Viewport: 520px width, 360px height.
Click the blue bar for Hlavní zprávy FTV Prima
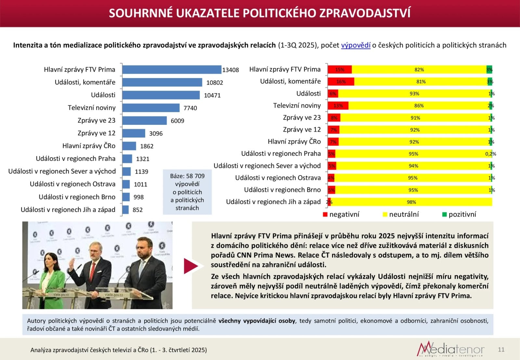[x=172, y=70]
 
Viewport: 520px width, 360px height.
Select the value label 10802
[x=214, y=83]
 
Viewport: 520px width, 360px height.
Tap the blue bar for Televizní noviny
[x=151, y=108]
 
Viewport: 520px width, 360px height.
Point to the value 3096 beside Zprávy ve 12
[x=156, y=133]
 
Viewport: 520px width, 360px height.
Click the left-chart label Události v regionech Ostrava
[x=72, y=184]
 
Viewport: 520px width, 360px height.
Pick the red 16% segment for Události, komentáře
[x=341, y=82]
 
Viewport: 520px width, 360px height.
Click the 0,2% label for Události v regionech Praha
[x=490, y=154]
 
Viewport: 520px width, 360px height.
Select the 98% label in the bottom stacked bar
[x=411, y=202]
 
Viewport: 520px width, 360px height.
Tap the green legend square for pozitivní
[x=444, y=214]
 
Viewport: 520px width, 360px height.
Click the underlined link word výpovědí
[x=356, y=45]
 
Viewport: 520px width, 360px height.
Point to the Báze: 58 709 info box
[x=187, y=192]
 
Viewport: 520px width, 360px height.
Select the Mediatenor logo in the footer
[x=450, y=349]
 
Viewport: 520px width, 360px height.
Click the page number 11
[x=501, y=350]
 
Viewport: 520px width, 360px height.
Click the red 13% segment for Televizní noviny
[x=338, y=106]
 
